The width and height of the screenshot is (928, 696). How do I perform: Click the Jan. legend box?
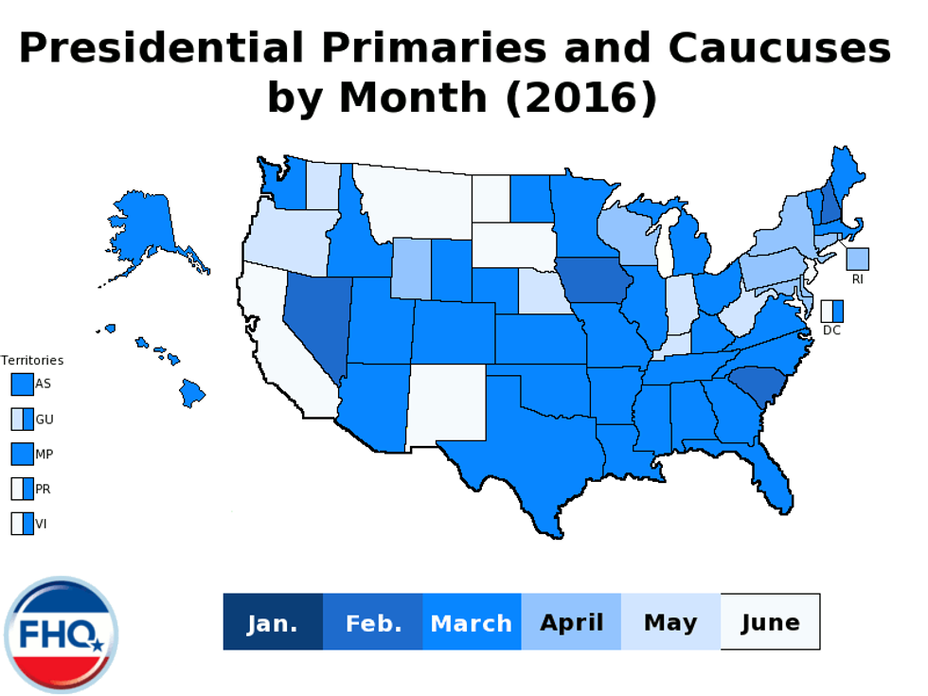[x=273, y=622]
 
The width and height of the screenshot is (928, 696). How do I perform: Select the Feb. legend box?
[x=373, y=622]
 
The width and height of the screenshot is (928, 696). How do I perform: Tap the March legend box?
[x=472, y=622]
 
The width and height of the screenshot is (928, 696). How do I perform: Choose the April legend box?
[x=571, y=622]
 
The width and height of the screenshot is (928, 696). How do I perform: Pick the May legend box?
[x=670, y=622]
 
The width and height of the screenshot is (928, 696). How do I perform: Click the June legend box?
[x=770, y=622]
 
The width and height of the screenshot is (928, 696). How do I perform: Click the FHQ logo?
[x=61, y=634]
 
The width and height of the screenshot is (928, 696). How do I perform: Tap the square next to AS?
[x=22, y=384]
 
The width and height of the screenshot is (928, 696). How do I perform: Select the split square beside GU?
[x=22, y=419]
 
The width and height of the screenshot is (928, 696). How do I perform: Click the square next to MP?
[x=22, y=454]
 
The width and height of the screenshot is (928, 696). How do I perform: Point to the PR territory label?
[x=43, y=490]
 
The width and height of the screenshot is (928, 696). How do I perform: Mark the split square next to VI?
[x=22, y=524]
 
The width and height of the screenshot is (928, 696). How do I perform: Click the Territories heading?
[x=32, y=361]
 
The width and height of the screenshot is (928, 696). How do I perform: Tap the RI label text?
[x=857, y=279]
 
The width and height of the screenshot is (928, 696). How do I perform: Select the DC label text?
[x=830, y=330]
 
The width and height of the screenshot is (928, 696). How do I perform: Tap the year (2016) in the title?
[x=580, y=97]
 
